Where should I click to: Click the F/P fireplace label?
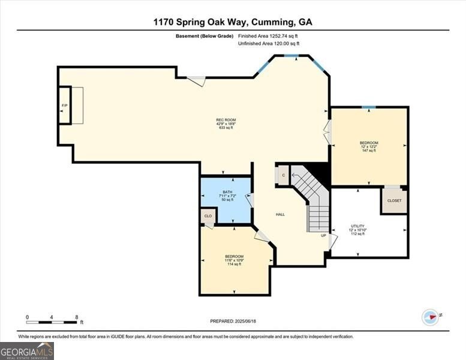pos(64,106)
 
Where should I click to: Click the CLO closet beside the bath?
pos(208,216)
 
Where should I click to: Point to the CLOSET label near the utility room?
pos(394,200)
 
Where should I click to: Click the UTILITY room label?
pos(357,230)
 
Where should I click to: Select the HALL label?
pos(280,214)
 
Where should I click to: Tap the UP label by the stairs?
pos(323,235)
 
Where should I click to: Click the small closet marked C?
pos(284,175)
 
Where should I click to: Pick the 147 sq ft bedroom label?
pos(369,146)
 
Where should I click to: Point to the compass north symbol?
pos(431,316)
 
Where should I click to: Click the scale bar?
pos(52,322)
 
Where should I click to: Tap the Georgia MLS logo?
pos(27,351)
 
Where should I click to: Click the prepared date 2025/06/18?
pos(233,322)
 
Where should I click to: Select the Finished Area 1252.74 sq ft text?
pos(269,36)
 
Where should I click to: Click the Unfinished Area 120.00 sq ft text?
pos(269,44)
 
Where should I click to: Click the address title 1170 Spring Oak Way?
pos(233,22)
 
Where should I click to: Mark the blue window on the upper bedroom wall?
pos(369,107)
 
